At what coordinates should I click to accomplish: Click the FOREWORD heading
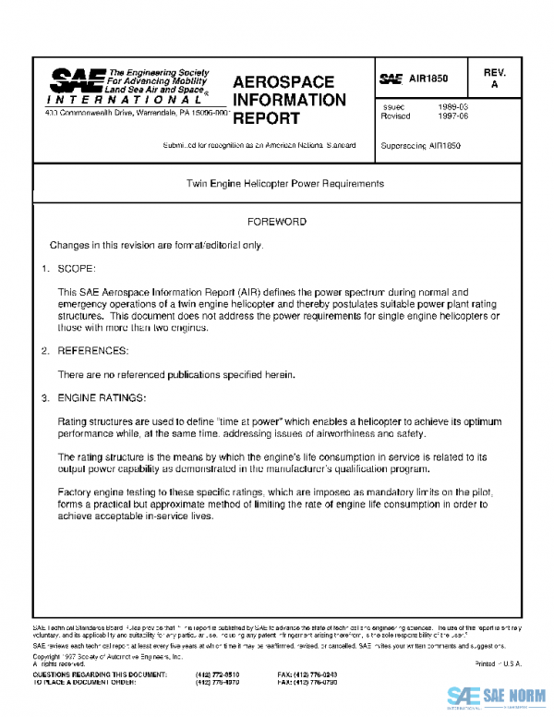(277, 222)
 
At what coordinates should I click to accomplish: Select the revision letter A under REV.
(494, 85)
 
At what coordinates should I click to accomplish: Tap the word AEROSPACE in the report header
(283, 82)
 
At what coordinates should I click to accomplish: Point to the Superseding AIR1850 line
(420, 146)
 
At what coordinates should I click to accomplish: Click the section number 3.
(43, 398)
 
